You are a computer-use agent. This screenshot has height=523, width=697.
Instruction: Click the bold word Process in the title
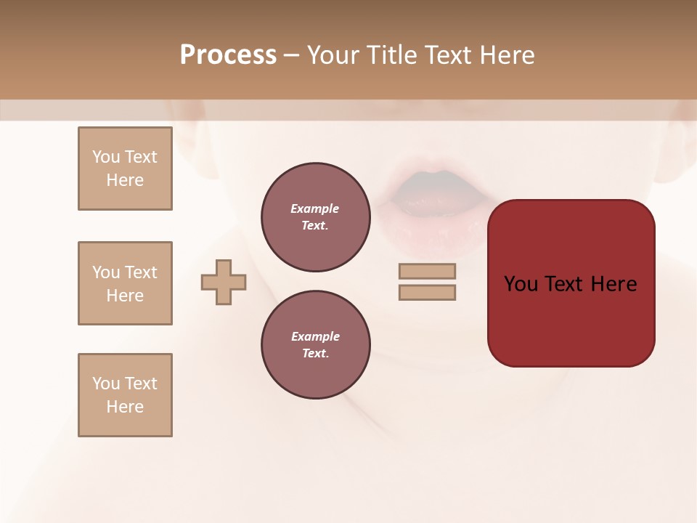228,55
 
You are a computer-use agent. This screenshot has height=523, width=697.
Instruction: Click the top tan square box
125,169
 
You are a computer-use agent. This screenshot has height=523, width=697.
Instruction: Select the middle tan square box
125,283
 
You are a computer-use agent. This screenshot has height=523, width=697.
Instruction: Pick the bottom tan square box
125,395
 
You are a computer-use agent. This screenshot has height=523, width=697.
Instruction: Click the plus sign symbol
224,282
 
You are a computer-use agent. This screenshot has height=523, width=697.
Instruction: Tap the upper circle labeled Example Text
315,217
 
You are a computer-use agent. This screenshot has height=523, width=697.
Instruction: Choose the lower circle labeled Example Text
315,345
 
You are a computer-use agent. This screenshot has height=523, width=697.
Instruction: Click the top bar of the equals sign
427,271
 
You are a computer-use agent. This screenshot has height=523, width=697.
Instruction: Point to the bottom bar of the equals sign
427,293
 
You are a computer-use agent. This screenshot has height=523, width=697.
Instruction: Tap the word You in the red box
522,284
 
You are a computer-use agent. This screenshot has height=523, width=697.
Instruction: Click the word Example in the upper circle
315,208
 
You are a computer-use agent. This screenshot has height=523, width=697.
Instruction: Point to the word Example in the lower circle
315,336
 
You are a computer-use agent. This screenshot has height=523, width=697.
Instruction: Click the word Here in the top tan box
125,180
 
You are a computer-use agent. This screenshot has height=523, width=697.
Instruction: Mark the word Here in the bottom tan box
125,407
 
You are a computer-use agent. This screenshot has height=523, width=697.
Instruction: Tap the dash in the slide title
291,55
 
